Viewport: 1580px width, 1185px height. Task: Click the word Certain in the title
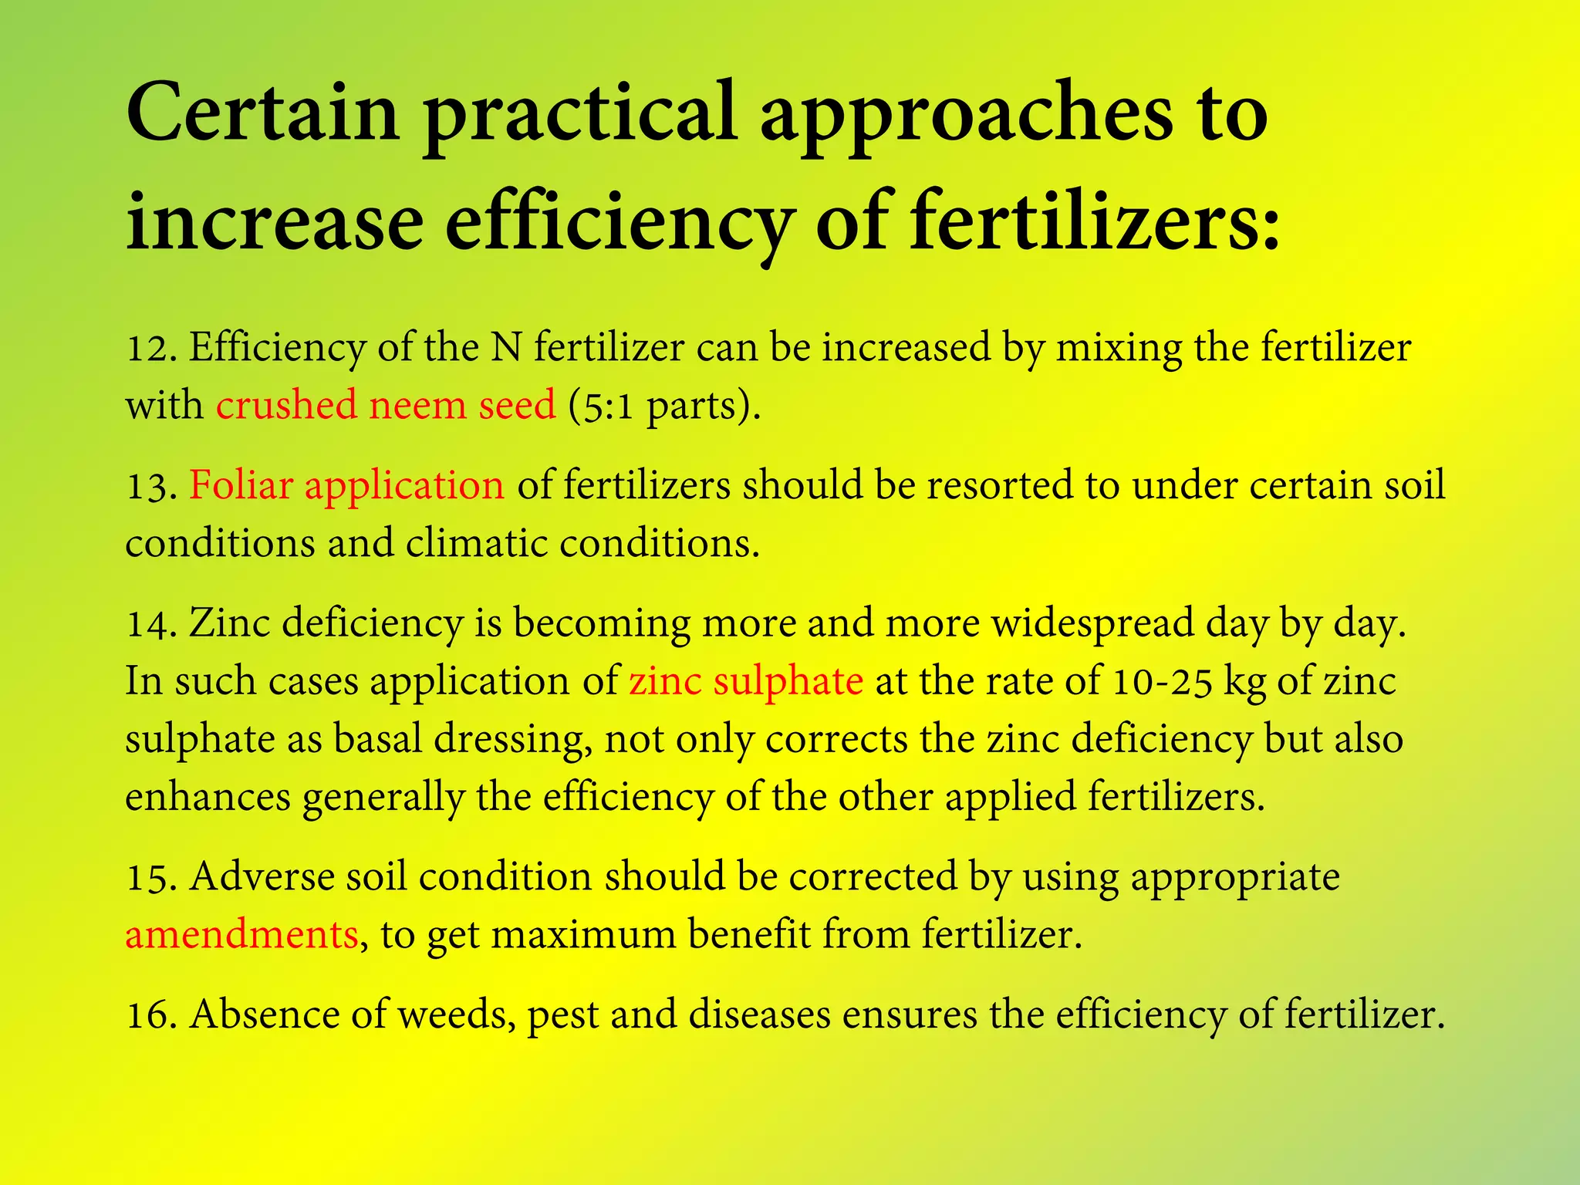click(x=262, y=113)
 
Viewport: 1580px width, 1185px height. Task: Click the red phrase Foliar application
click(x=346, y=486)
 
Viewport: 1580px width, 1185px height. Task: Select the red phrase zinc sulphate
click(x=745, y=681)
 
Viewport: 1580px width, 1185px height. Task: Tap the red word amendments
click(x=241, y=934)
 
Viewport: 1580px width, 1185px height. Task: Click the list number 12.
click(x=151, y=349)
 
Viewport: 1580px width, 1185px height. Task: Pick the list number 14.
click(x=151, y=624)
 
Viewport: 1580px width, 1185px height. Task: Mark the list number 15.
click(x=151, y=878)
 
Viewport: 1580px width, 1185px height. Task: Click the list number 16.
click(x=151, y=1015)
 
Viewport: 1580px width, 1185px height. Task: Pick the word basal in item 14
click(x=377, y=739)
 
